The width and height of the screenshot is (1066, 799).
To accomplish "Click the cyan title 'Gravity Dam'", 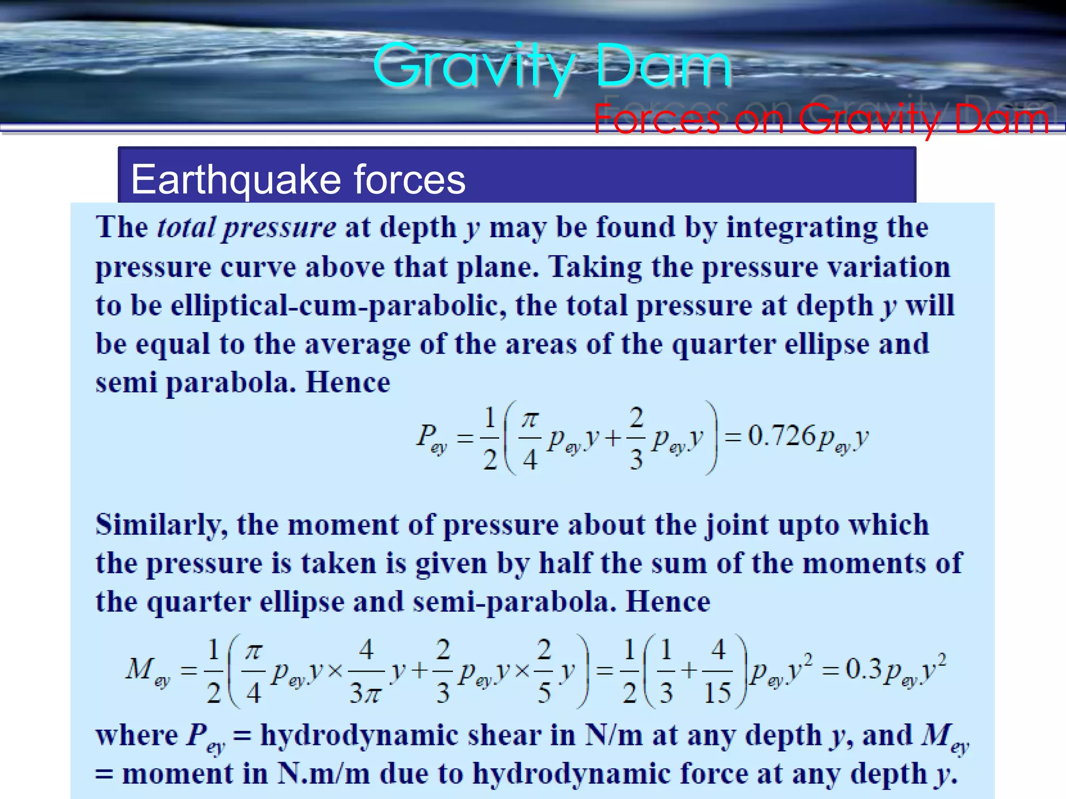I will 552,67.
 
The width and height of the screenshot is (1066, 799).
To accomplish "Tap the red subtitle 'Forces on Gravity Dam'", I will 821,119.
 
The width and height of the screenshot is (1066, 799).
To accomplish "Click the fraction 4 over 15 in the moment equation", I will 718,671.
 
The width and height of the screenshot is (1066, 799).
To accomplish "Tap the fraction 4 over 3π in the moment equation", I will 366,671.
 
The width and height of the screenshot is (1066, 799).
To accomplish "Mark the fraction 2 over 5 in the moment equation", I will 544,671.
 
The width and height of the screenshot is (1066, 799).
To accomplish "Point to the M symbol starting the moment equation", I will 139,669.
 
